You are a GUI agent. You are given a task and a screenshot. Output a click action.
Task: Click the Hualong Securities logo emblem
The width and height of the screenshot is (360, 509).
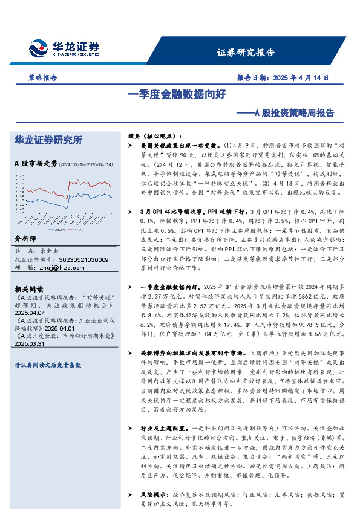39,47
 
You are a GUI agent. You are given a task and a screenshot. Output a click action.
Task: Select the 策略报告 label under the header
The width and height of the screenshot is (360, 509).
42,78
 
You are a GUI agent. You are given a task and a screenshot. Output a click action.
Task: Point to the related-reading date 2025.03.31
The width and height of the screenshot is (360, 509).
29,343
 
